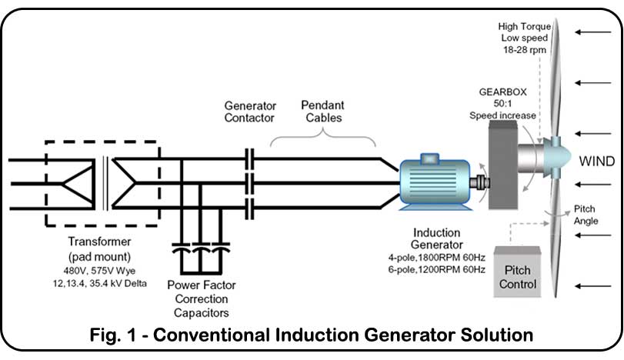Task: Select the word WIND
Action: [x=596, y=162]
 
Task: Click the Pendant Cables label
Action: [x=322, y=112]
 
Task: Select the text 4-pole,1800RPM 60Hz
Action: [x=437, y=257]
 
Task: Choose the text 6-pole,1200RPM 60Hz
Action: [x=437, y=269]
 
